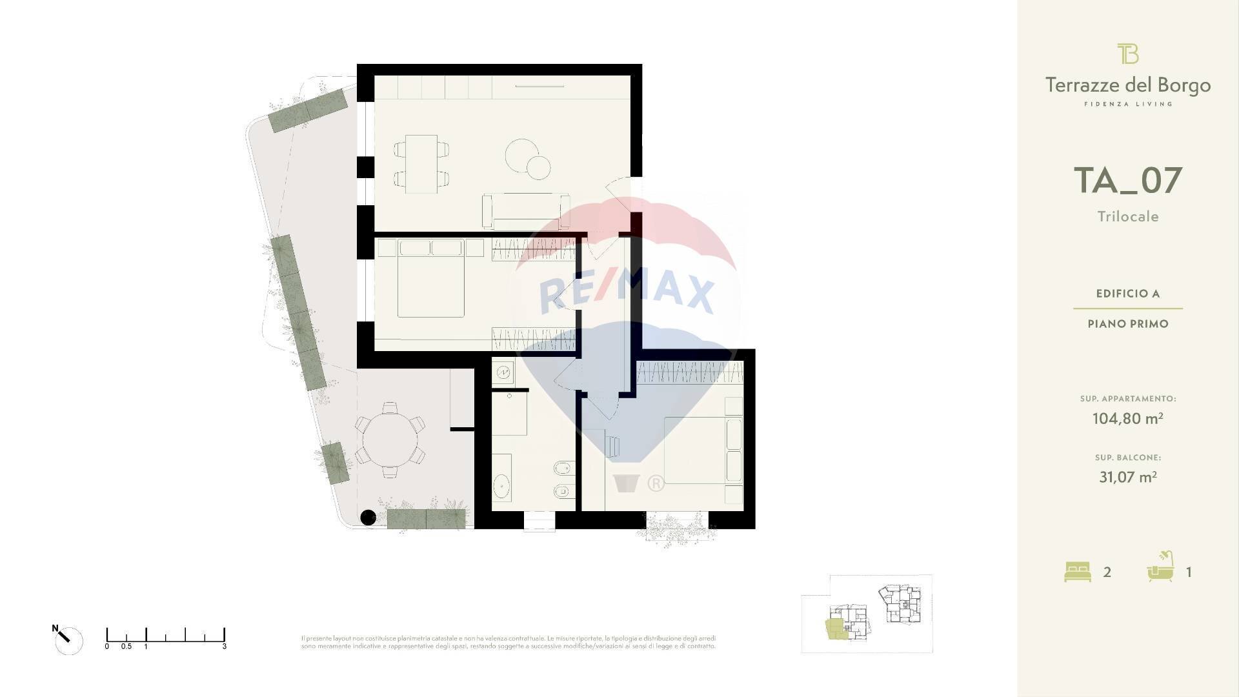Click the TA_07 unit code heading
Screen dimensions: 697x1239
tap(1127, 181)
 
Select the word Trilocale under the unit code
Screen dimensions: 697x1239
tap(1128, 217)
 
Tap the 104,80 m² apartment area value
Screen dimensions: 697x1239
tap(1127, 418)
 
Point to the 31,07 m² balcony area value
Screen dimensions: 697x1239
tap(1127, 477)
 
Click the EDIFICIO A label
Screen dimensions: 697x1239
tap(1127, 294)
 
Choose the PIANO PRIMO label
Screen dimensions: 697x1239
tap(1127, 324)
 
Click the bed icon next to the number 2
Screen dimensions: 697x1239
tap(1077, 572)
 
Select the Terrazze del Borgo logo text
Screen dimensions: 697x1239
tap(1127, 85)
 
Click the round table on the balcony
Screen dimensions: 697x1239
tap(389, 440)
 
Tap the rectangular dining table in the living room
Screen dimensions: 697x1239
tap(421, 163)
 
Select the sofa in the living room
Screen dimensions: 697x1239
tap(525, 211)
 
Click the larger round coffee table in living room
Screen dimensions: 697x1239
tap(521, 155)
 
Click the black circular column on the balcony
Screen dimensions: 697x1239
tap(368, 517)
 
